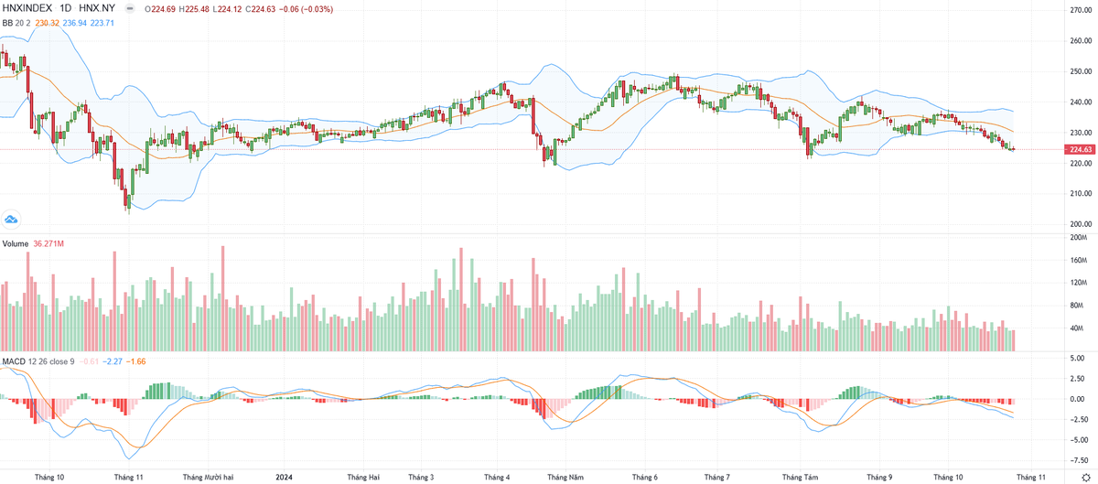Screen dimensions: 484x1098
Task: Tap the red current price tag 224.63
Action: tap(1080, 148)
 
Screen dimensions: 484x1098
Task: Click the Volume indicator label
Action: tap(15, 243)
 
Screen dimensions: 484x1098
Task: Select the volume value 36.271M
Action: tap(48, 243)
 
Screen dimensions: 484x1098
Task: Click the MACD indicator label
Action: tap(14, 361)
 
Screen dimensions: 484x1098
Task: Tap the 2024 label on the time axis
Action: tap(284, 477)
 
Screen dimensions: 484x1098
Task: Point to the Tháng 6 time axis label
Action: tap(644, 477)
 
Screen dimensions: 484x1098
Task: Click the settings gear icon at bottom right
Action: tap(1085, 477)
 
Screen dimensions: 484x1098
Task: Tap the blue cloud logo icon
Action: tap(12, 219)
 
